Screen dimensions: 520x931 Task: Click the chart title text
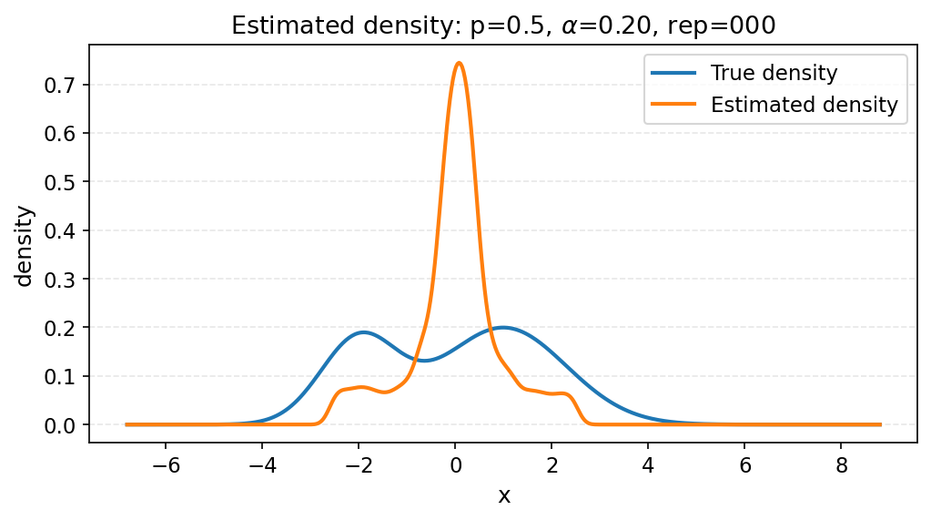(x=502, y=25)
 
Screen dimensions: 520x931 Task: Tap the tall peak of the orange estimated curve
(x=459, y=63)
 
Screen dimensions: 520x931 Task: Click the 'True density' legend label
(x=774, y=73)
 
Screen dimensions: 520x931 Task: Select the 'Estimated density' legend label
(x=805, y=105)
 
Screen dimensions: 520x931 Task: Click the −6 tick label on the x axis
(x=166, y=466)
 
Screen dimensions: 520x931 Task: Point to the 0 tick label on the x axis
(x=455, y=466)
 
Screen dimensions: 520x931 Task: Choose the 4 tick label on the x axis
(x=648, y=466)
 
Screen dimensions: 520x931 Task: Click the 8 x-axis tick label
(x=841, y=466)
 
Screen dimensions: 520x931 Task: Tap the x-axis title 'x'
(x=503, y=495)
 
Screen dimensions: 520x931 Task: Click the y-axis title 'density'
(x=25, y=246)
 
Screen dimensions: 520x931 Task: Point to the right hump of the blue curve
(x=502, y=327)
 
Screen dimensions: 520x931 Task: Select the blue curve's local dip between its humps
(x=424, y=361)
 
